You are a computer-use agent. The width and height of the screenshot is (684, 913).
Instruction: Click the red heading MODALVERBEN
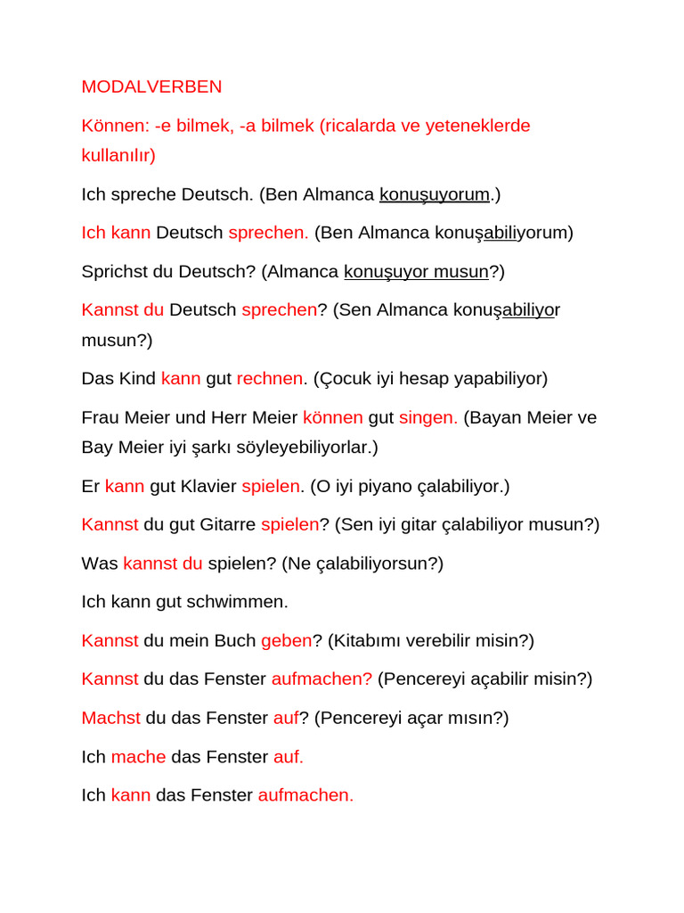[151, 87]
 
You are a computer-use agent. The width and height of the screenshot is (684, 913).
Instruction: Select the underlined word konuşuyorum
[435, 194]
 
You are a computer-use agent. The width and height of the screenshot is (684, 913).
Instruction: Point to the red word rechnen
[270, 379]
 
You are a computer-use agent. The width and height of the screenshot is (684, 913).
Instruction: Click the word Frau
[101, 417]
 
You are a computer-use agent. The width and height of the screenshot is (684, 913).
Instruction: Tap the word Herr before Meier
[230, 417]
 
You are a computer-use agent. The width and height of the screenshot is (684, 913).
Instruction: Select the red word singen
[427, 417]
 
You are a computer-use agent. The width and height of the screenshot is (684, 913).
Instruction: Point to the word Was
[99, 563]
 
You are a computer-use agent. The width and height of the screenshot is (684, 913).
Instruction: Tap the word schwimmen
[242, 602]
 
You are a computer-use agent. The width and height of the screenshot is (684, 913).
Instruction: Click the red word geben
[286, 640]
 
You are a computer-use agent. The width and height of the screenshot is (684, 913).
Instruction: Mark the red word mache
[138, 757]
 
